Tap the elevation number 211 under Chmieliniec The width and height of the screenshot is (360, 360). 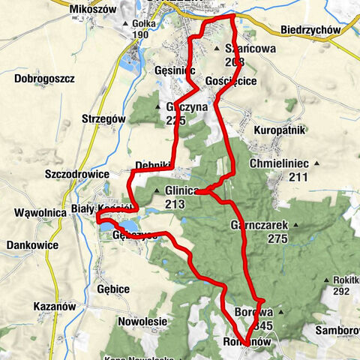click(298, 178)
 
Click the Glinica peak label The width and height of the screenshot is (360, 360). click(181, 190)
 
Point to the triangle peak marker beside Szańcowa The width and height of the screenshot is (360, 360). click(217, 49)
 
